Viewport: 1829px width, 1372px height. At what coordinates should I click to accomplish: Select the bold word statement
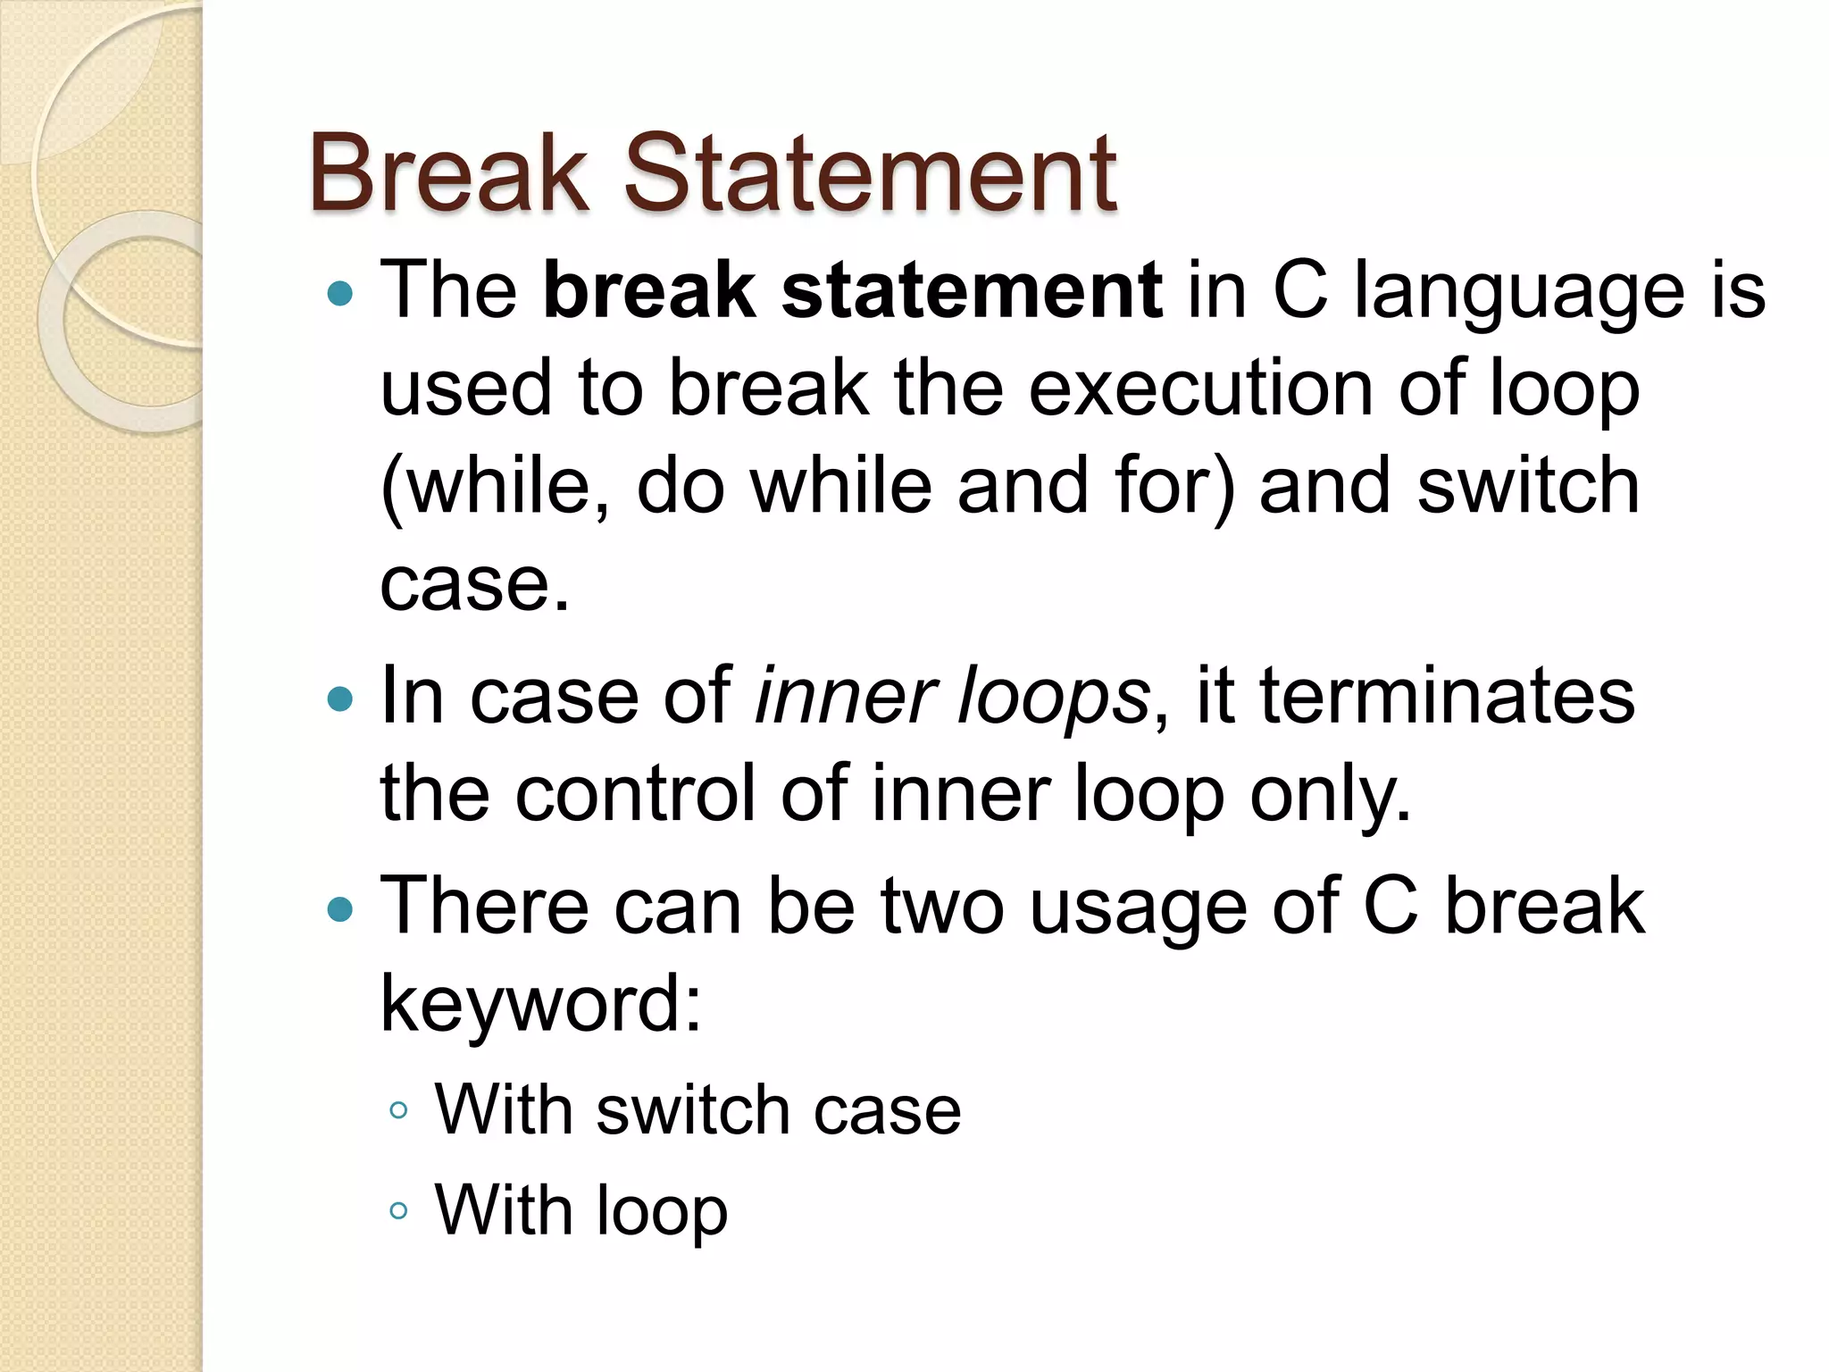(972, 289)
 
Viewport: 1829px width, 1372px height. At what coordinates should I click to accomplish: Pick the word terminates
(1447, 697)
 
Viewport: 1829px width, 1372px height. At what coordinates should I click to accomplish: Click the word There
(485, 908)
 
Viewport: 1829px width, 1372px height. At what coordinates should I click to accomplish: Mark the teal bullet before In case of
(340, 698)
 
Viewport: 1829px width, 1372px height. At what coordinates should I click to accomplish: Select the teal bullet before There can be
(340, 909)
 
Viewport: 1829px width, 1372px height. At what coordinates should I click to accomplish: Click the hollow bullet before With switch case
(398, 1111)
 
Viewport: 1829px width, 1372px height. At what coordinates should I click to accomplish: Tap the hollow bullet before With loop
(398, 1211)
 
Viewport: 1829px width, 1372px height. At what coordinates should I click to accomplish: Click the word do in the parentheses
(680, 486)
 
